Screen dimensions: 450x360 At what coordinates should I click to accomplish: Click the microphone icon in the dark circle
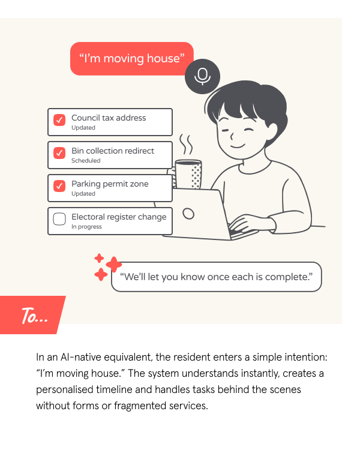tap(203, 76)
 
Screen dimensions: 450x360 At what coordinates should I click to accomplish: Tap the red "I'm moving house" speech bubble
tap(131, 58)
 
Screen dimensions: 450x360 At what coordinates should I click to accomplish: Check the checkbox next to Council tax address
tap(59, 120)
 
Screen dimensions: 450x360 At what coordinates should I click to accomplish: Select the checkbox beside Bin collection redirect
tap(59, 153)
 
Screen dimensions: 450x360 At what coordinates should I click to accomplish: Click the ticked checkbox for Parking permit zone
tap(59, 186)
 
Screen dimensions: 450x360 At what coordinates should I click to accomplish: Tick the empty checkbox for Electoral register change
tap(59, 219)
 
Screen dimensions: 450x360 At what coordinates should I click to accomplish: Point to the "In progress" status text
tap(86, 227)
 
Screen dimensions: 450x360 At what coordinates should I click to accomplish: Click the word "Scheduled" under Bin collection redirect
tap(86, 161)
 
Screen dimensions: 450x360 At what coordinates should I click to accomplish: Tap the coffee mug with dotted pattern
tap(188, 174)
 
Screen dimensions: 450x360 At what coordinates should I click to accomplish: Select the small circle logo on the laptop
tap(188, 213)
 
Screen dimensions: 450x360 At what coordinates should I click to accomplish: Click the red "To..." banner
tap(33, 316)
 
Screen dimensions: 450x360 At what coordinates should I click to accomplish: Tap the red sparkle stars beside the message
tap(107, 267)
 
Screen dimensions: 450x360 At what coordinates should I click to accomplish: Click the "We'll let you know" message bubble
tap(217, 277)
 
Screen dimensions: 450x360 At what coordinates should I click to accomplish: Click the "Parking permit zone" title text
tap(110, 184)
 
